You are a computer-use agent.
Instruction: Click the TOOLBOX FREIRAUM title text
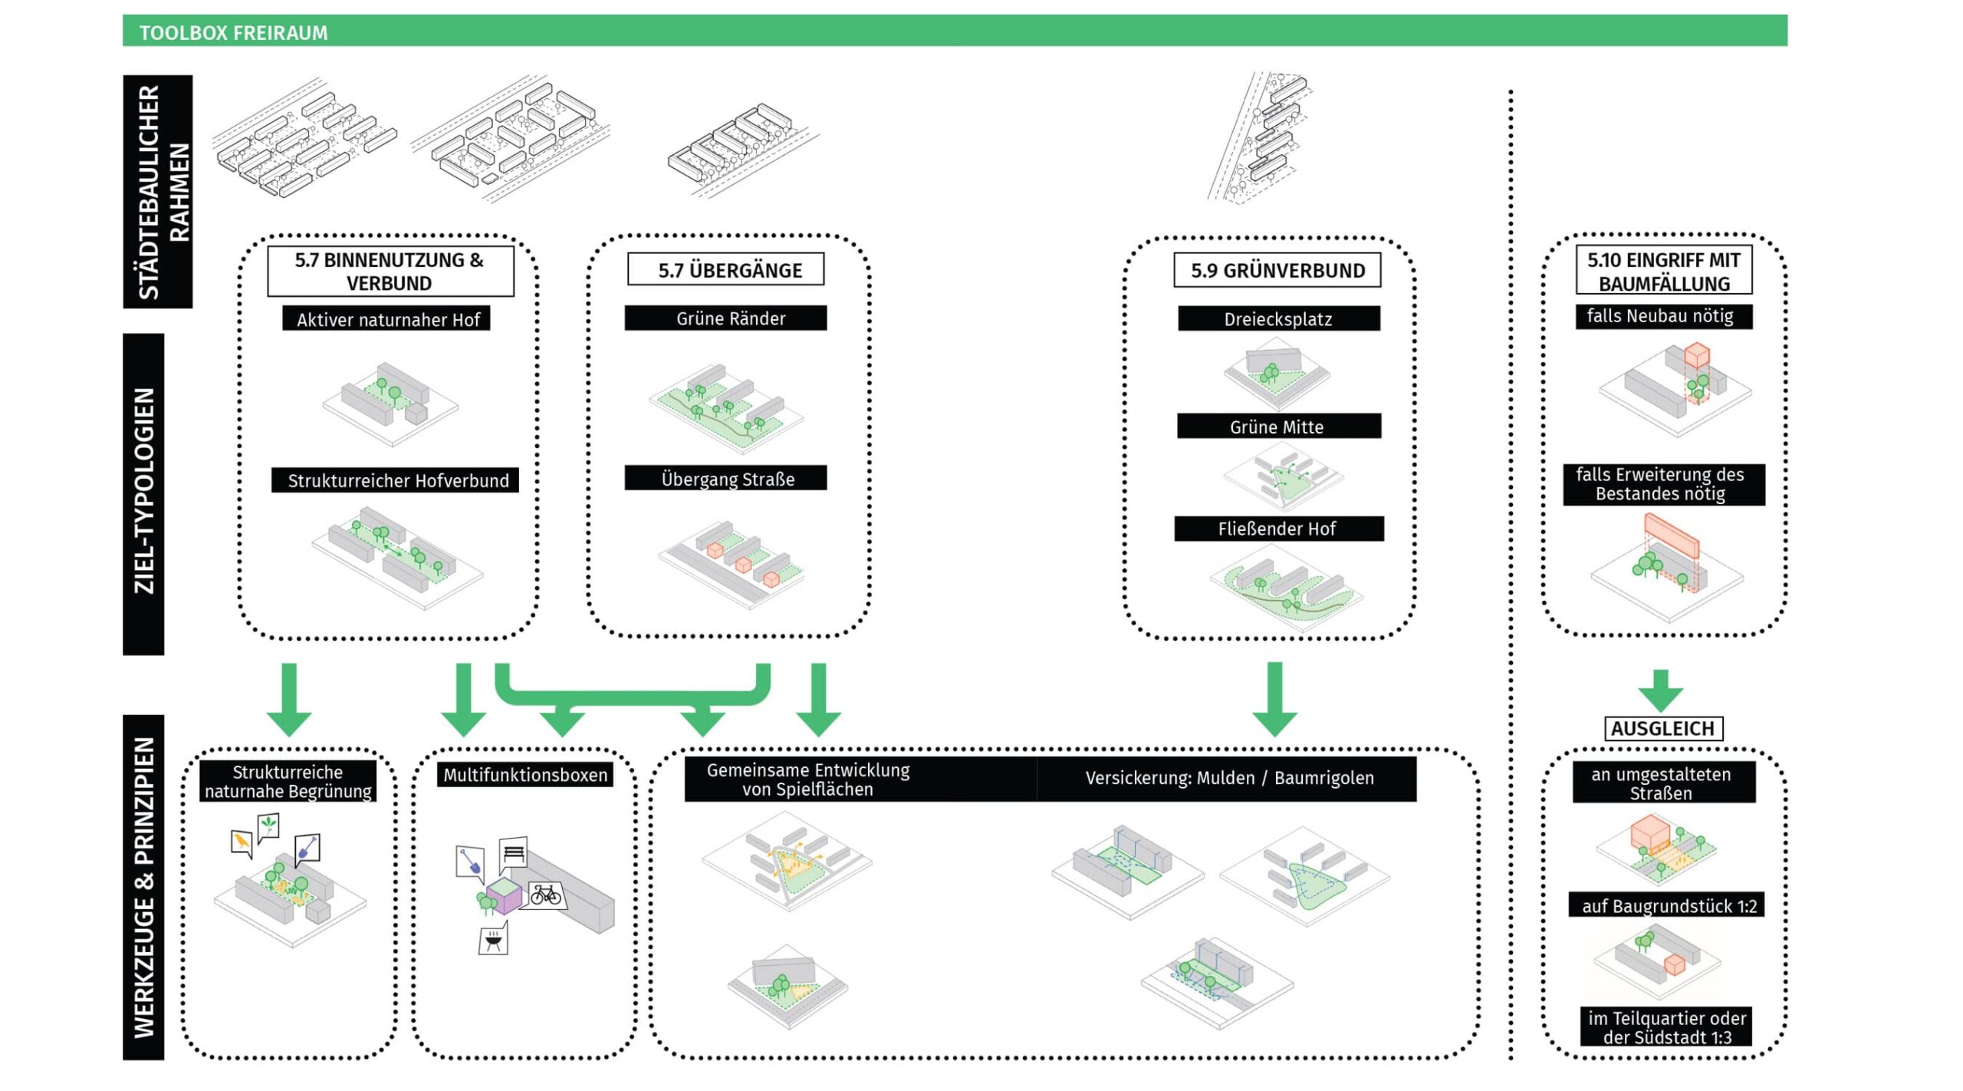[x=233, y=32]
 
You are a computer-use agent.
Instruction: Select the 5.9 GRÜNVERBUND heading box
[x=1277, y=270]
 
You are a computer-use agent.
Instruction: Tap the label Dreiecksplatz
[x=1278, y=319]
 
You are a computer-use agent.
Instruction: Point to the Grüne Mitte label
[x=1278, y=427]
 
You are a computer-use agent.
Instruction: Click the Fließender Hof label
[x=1278, y=529]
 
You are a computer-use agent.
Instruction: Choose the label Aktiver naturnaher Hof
[x=387, y=319]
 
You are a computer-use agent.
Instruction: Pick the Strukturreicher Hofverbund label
[x=396, y=480]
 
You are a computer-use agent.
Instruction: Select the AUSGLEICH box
[x=1663, y=728]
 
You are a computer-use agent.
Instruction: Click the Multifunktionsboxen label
[x=525, y=775]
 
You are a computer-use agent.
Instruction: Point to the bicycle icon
[x=545, y=895]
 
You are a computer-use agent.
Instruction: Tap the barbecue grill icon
[x=493, y=941]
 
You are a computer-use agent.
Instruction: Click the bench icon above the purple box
[x=515, y=853]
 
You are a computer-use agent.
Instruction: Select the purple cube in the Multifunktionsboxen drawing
[x=504, y=896]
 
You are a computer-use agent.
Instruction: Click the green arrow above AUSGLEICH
[x=1660, y=691]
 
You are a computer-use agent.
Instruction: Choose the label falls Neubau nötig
[x=1663, y=316]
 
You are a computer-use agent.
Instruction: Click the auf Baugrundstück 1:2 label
[x=1668, y=906]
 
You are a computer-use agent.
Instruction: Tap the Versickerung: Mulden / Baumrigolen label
[x=1228, y=778]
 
